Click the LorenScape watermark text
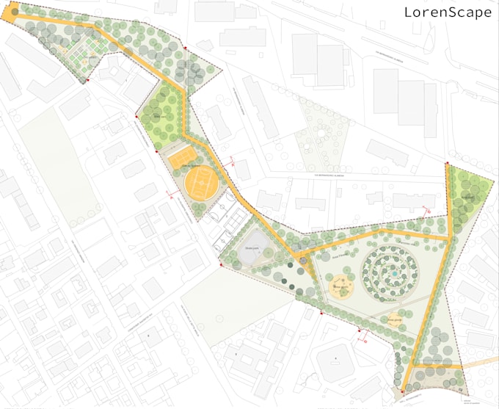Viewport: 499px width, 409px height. [448, 12]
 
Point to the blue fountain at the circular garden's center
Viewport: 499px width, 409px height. [395, 273]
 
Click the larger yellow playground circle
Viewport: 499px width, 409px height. [340, 289]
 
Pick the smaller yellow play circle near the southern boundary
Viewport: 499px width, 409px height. [395, 319]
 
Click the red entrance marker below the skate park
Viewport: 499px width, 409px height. [221, 265]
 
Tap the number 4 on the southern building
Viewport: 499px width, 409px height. [336, 358]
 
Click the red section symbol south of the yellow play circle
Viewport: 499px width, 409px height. [362, 339]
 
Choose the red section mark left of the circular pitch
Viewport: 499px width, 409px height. [171, 197]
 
